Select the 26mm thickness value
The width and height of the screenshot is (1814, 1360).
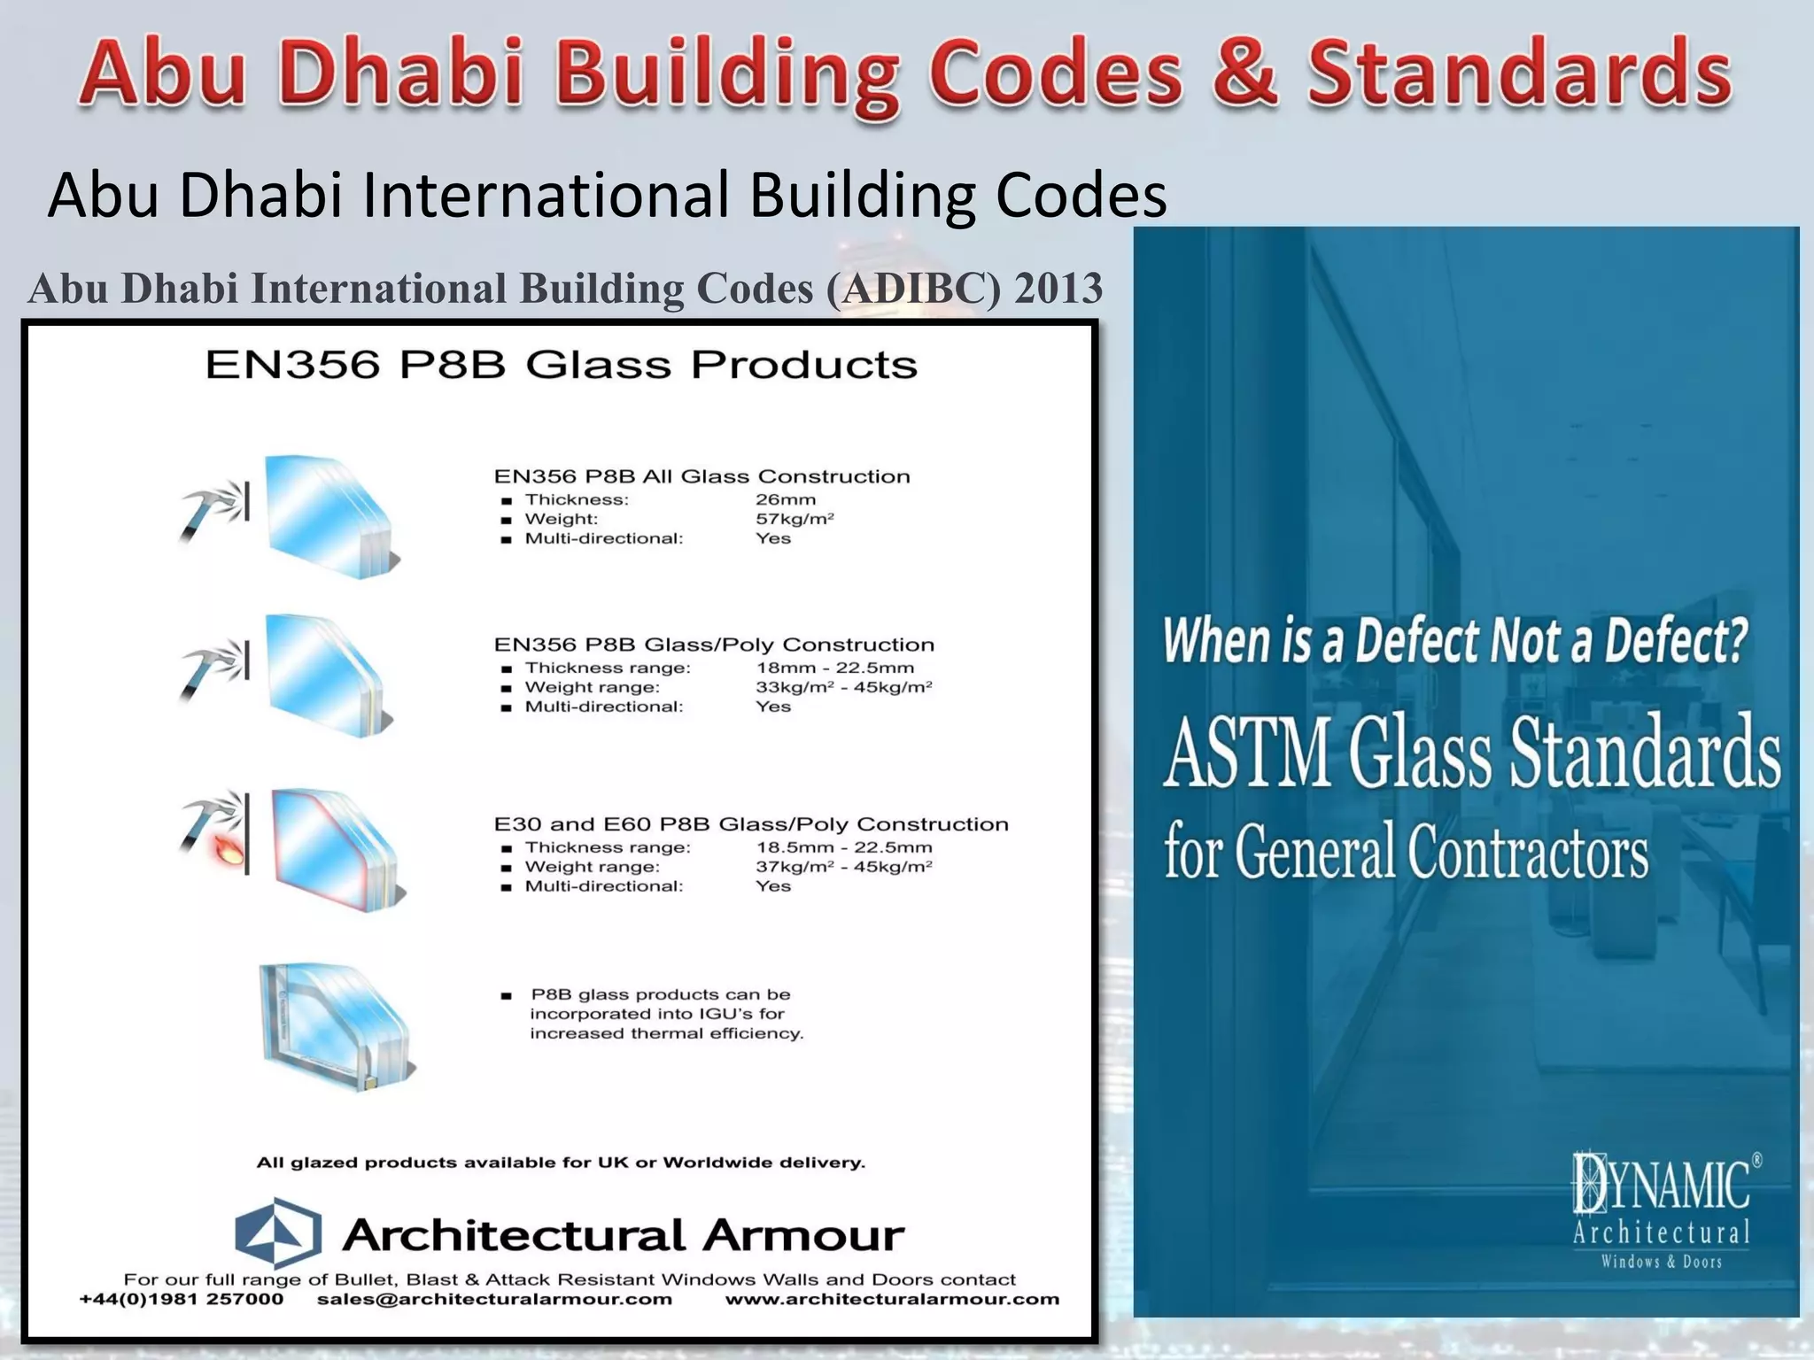[786, 499]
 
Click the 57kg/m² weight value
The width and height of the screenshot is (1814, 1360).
[795, 519]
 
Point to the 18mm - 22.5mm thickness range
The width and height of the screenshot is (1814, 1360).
[834, 668]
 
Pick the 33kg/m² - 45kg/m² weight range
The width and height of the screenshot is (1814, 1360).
[843, 687]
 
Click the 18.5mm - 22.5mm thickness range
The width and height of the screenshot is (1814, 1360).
[843, 847]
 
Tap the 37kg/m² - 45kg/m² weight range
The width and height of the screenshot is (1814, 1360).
[843, 867]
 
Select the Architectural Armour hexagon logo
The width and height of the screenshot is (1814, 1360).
[278, 1232]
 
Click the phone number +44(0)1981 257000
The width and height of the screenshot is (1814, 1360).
[182, 1299]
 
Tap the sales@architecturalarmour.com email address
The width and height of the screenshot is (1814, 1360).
[494, 1299]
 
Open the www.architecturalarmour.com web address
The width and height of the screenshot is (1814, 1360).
[892, 1299]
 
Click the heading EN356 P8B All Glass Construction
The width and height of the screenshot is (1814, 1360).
[702, 476]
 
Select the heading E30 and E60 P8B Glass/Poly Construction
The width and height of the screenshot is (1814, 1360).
[751, 824]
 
